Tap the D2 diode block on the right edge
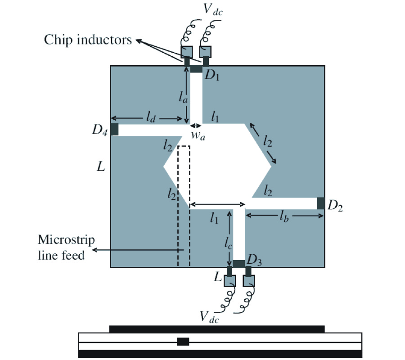coord(321,203)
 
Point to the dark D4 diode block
coord(114,130)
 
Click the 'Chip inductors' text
coord(88,40)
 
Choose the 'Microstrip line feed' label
coord(66,247)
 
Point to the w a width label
coord(198,136)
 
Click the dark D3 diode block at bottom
coord(238,263)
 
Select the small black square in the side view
coord(183,342)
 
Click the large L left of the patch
coord(101,167)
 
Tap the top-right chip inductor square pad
coord(206,50)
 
